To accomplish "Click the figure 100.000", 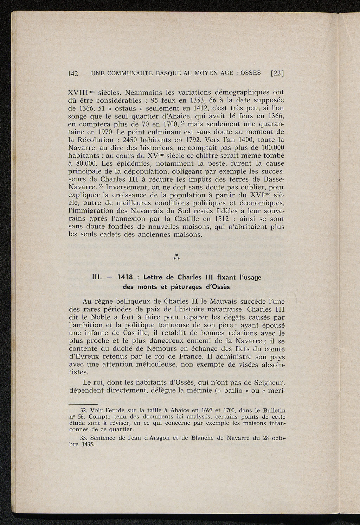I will pos(269,148).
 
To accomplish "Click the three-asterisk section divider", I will pos(177,258).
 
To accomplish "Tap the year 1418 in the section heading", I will pos(126,277).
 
